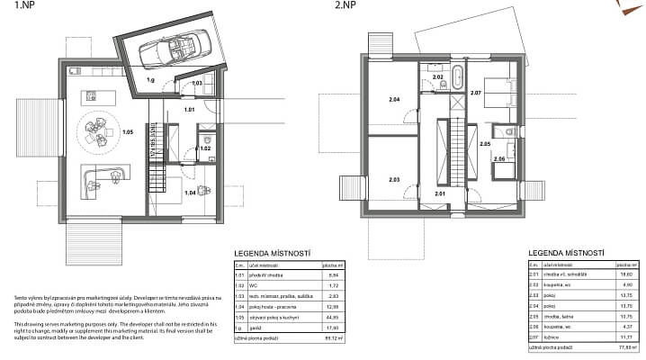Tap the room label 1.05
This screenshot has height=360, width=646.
(128, 132)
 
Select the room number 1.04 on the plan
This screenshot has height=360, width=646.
(190, 193)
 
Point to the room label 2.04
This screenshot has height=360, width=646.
(393, 100)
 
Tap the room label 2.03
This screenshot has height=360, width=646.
(393, 179)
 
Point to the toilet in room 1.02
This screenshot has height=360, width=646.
(206, 140)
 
